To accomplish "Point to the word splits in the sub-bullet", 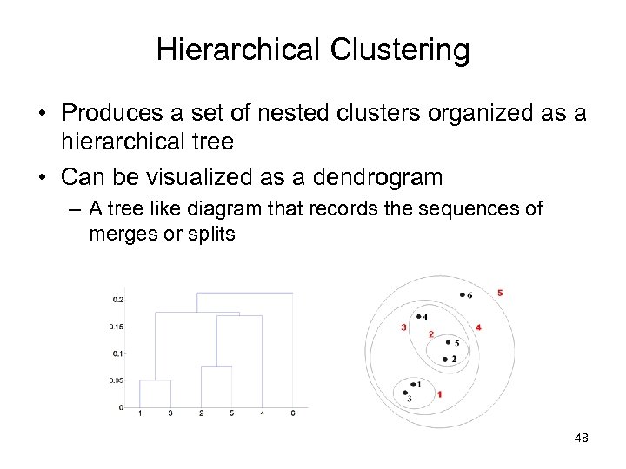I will [211, 234].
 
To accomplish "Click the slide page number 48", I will [581, 439].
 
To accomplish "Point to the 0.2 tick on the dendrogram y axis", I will [117, 300].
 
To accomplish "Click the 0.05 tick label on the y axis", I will [117, 380].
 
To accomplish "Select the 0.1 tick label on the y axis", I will [117, 353].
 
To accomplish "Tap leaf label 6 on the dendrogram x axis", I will [293, 413].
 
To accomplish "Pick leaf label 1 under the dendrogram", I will [140, 413].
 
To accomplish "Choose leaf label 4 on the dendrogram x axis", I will [263, 413].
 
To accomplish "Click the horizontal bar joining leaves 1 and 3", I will [155, 380].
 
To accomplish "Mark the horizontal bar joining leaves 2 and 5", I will [216, 367].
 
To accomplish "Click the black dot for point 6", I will [462, 295].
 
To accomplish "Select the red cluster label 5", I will [500, 293].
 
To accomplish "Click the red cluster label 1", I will [439, 394].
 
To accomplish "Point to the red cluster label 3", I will [403, 327].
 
